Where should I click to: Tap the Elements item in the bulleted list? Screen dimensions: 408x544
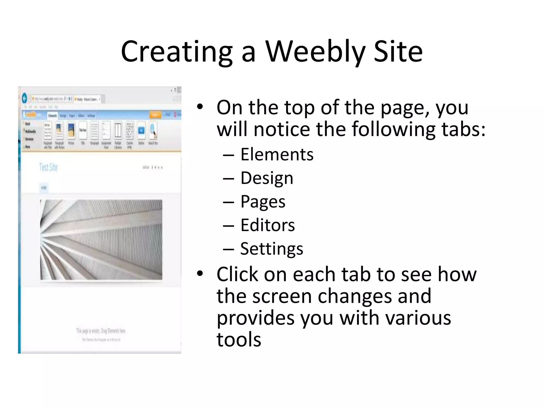[277, 154]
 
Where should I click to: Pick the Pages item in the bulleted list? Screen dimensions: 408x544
[263, 202]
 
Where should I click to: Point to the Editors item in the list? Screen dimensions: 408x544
[267, 225]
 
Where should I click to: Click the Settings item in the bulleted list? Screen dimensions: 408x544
[271, 249]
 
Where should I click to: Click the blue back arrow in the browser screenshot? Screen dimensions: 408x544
[24, 99]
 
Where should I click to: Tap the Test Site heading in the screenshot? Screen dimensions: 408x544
[48, 167]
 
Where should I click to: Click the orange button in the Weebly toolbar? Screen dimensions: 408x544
[155, 115]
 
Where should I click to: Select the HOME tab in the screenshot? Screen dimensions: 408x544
[44, 188]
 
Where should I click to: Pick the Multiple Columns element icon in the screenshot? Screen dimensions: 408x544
[118, 130]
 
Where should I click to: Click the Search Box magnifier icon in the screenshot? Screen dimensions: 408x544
[153, 130]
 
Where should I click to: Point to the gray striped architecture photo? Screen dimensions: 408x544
[101, 240]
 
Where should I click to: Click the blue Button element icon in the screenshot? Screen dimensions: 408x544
[141, 130]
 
